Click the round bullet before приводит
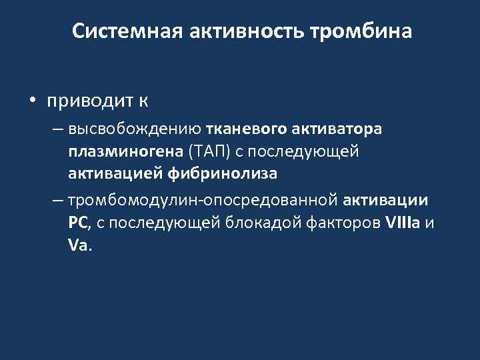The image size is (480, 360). (x=32, y=101)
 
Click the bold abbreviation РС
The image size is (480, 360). (x=78, y=223)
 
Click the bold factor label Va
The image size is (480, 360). (x=77, y=245)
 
